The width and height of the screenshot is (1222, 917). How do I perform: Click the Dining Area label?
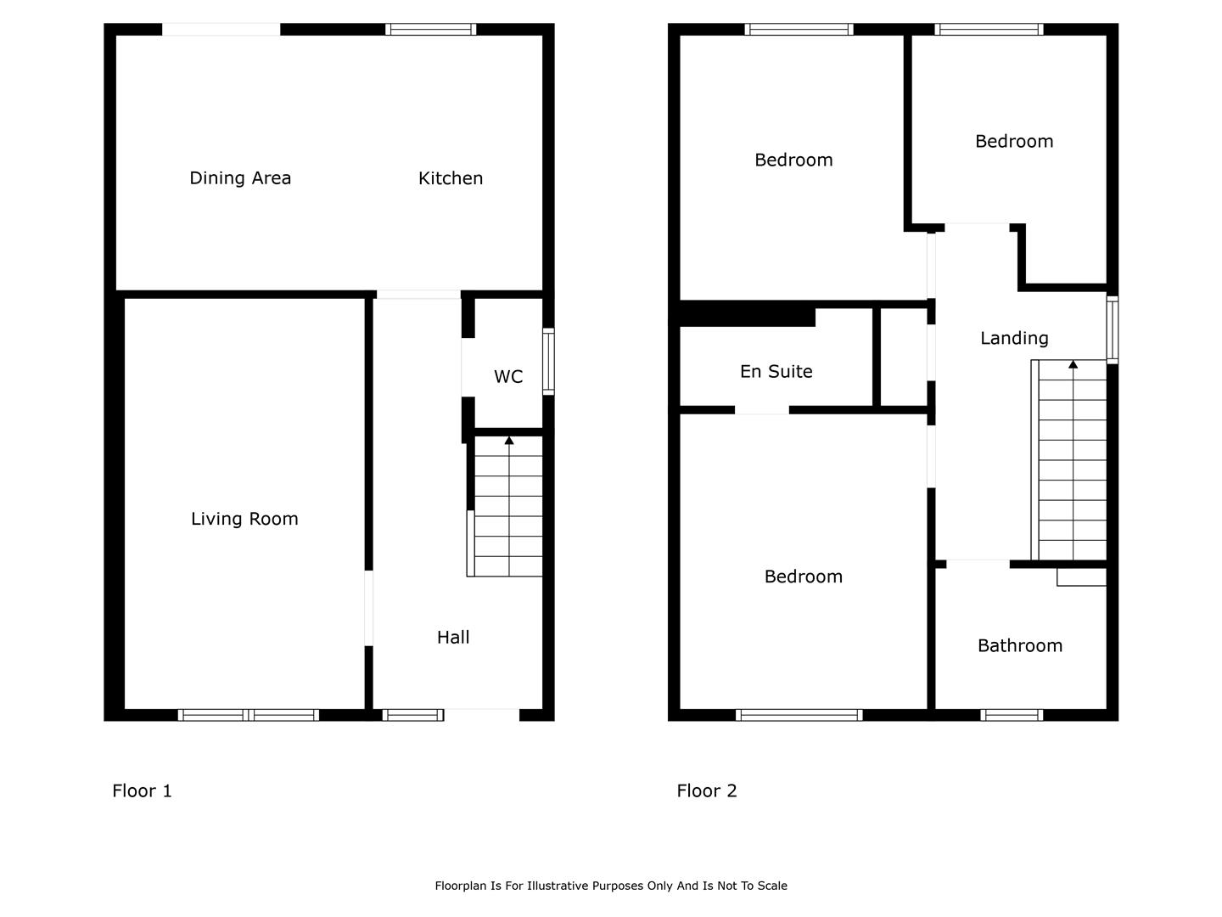click(x=240, y=178)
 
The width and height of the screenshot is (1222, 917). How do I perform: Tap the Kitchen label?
click(x=451, y=178)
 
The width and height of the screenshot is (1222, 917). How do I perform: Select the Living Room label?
click(x=244, y=519)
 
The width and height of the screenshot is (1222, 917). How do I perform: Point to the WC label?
click(x=508, y=377)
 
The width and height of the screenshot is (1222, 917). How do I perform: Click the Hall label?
click(x=453, y=637)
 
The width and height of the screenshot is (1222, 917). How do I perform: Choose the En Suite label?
click(x=776, y=371)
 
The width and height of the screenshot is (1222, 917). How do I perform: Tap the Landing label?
click(x=1014, y=338)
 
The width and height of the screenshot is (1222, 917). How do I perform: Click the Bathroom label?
click(x=1020, y=645)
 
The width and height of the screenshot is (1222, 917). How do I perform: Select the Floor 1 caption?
click(x=142, y=790)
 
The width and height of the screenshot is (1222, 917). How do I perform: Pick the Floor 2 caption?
click(x=707, y=790)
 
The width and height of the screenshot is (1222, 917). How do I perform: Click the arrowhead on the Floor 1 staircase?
click(x=509, y=440)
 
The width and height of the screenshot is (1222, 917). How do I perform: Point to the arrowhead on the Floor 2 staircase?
click(x=1073, y=364)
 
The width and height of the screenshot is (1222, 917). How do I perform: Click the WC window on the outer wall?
click(x=548, y=362)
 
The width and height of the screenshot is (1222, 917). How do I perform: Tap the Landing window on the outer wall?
click(x=1112, y=329)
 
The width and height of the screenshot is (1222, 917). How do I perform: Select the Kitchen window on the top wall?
click(x=431, y=30)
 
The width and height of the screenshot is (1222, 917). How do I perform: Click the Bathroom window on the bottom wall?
click(x=1012, y=715)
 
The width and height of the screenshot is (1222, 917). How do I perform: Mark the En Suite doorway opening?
click(x=761, y=410)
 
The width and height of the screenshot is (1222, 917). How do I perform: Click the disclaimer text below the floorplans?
click(x=611, y=886)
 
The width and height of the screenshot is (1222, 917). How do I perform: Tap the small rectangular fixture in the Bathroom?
click(x=1081, y=577)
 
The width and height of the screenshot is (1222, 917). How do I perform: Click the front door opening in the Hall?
click(x=481, y=715)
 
